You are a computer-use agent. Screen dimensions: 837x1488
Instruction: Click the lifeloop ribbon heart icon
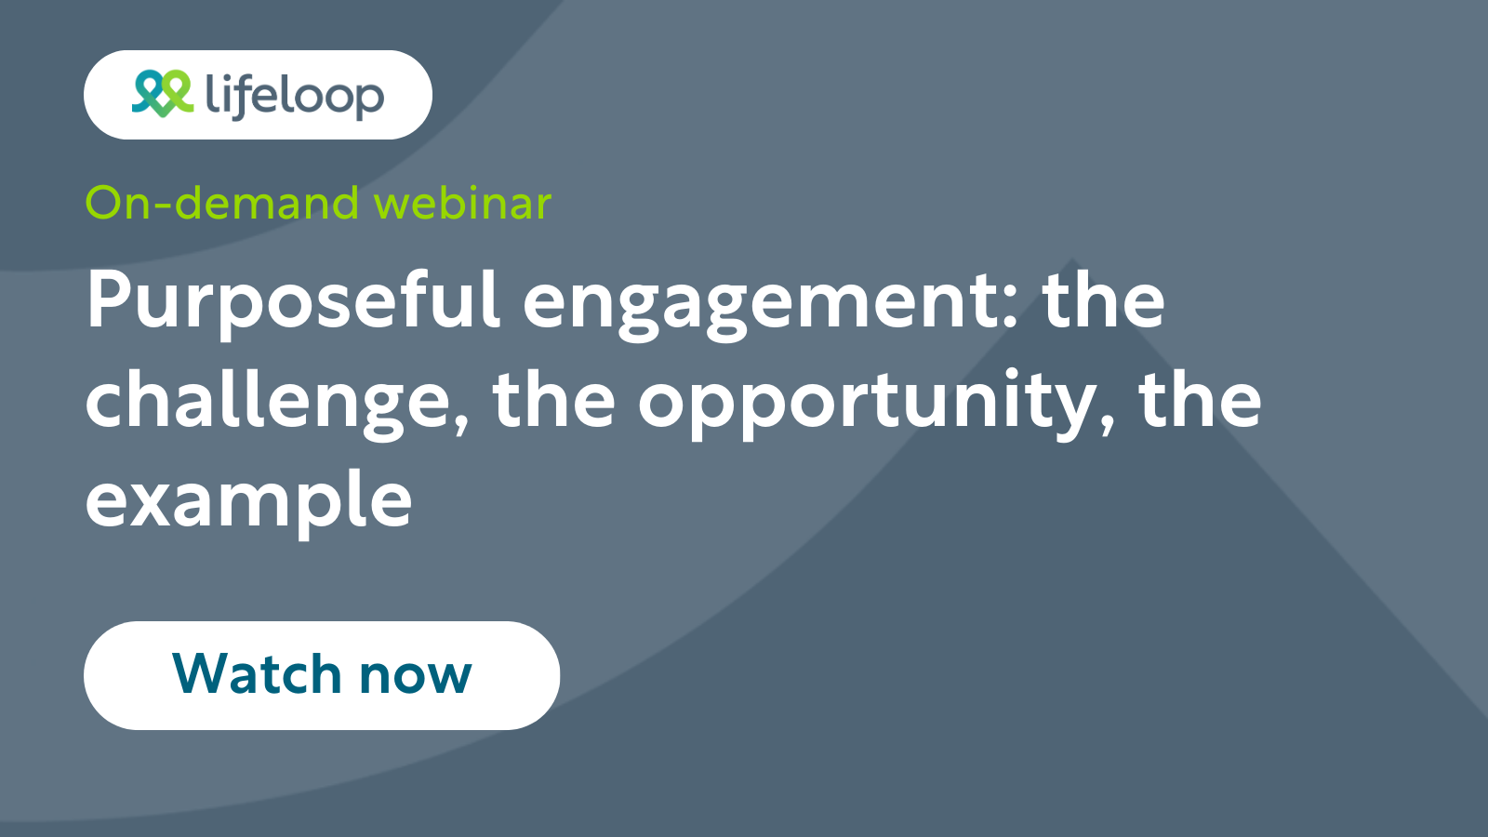click(x=162, y=94)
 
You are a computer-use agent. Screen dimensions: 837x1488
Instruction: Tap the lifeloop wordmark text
click(x=294, y=96)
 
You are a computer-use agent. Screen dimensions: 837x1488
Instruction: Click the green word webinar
click(x=462, y=203)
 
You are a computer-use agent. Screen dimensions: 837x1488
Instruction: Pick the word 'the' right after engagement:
click(x=1103, y=300)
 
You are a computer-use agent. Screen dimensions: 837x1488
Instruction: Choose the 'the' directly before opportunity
click(x=554, y=400)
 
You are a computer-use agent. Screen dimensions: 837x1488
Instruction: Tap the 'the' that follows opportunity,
click(x=1200, y=400)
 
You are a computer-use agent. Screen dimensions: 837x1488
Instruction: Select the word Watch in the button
click(x=257, y=673)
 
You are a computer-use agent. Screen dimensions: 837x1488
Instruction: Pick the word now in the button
click(x=416, y=677)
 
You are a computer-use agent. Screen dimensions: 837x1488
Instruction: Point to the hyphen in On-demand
click(x=162, y=206)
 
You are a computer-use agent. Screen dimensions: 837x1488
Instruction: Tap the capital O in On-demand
click(x=104, y=203)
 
